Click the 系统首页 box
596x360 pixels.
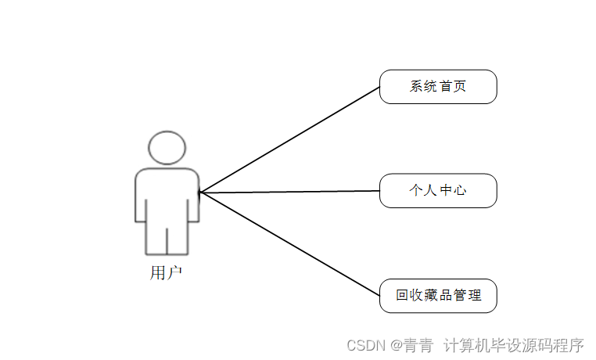point(438,87)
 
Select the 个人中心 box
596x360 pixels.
point(438,191)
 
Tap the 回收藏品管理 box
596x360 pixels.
point(438,296)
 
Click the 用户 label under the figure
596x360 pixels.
point(167,273)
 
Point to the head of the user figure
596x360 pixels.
point(167,148)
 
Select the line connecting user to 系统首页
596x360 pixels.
point(289,139)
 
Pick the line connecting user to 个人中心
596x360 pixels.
point(289,192)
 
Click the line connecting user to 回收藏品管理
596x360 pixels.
point(289,243)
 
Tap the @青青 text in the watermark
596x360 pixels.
point(412,344)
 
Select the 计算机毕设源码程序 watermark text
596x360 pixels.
point(514,344)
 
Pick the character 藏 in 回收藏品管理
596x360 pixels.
point(431,296)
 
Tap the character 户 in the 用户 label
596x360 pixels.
point(175,273)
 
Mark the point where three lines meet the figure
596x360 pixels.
point(199,192)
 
